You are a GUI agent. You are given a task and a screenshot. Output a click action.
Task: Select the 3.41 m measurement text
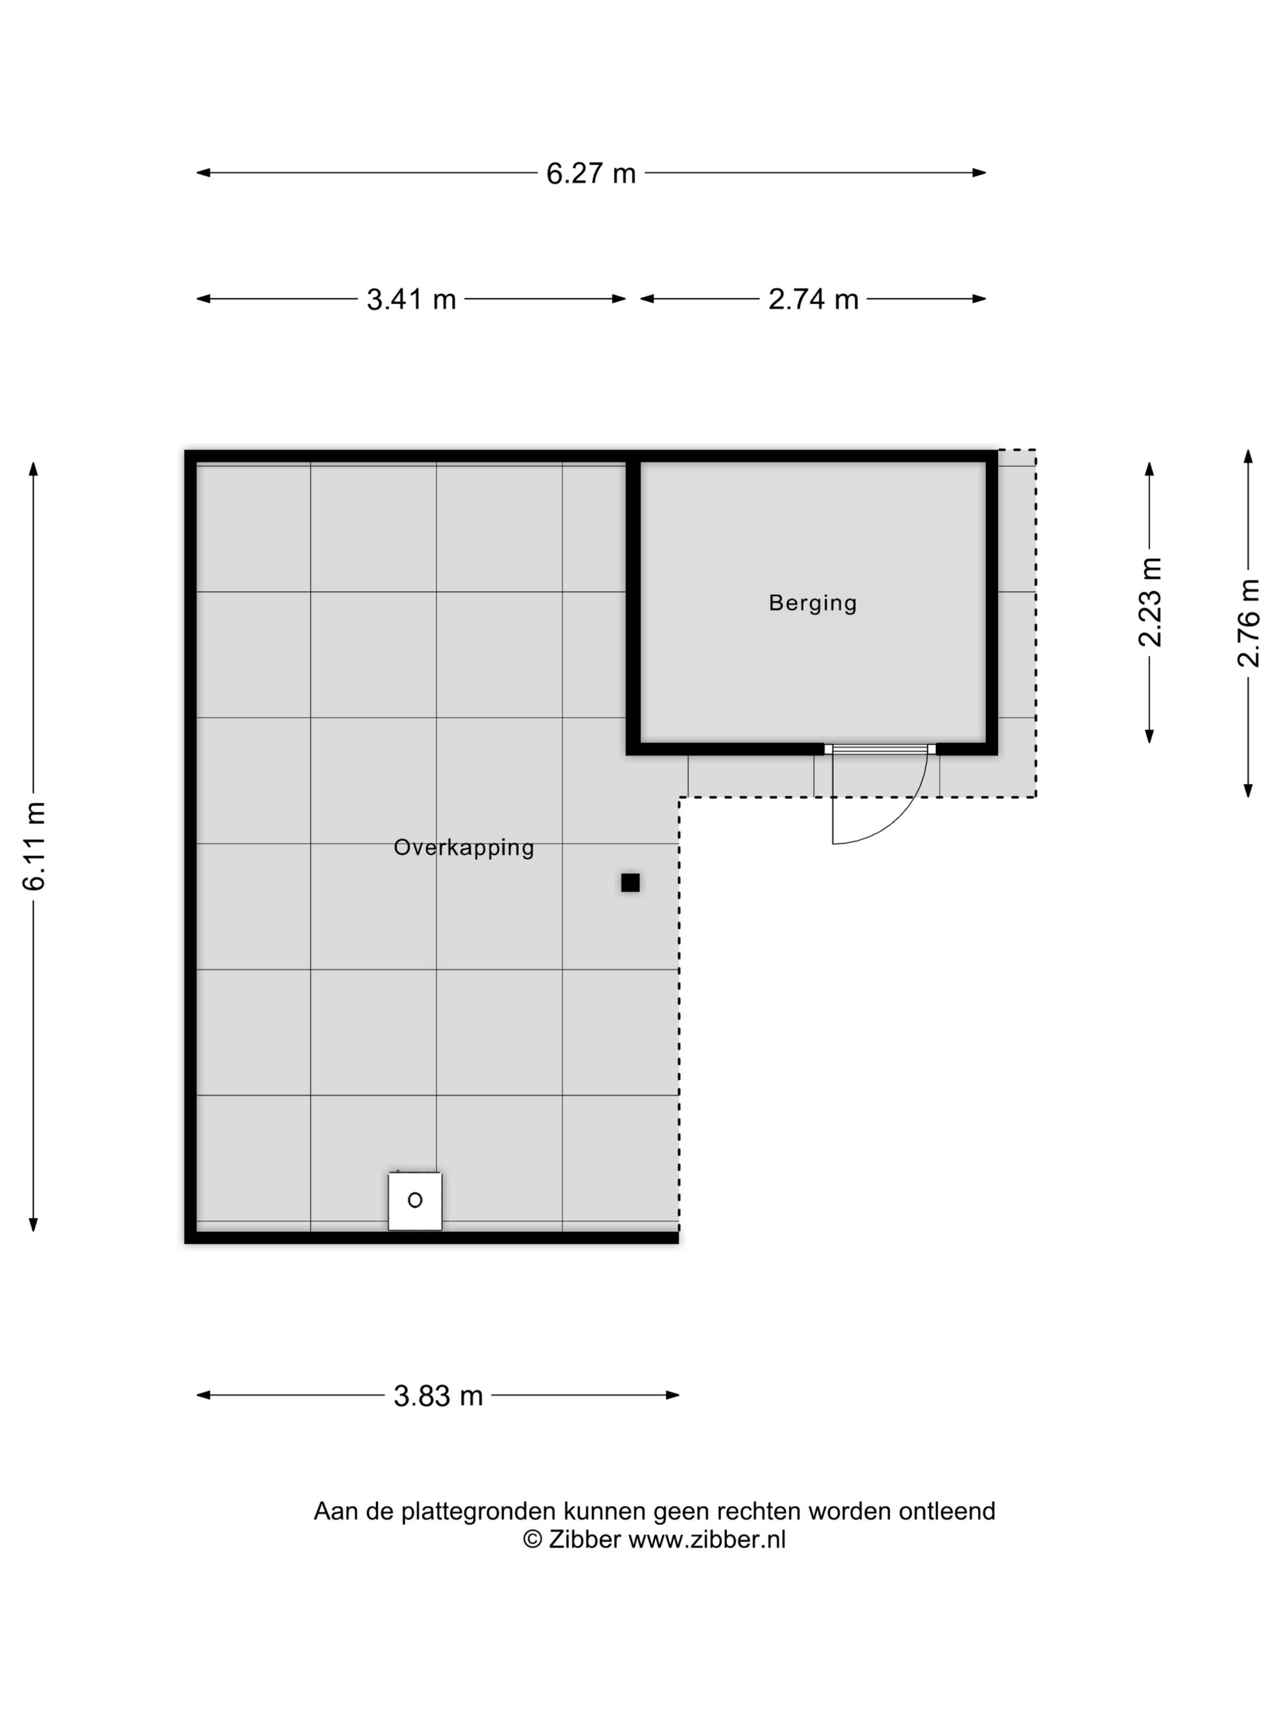411,299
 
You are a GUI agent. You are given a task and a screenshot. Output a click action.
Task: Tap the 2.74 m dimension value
813,299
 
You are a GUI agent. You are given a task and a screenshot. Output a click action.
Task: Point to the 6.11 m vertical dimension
34,846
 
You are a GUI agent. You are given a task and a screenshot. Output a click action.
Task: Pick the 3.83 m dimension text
438,1395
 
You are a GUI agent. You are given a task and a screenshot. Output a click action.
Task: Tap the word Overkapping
463,848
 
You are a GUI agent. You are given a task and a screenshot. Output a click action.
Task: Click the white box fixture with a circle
415,1201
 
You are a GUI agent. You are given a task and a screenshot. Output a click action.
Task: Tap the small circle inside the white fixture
415,1200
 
